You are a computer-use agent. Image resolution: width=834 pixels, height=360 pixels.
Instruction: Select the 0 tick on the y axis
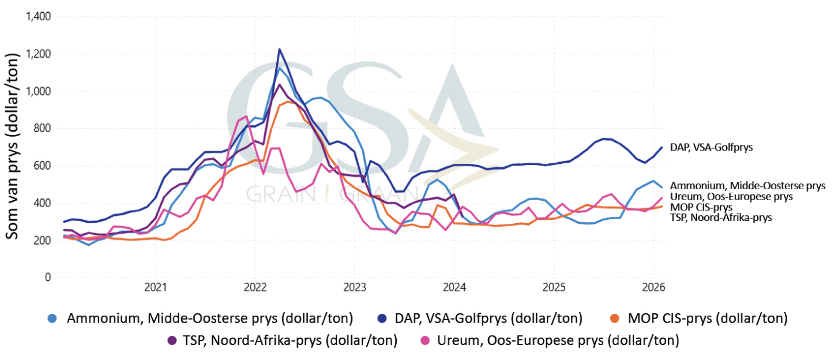[x=48, y=277]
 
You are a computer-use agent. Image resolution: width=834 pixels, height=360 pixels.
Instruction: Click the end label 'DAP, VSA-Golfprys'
[x=711, y=148]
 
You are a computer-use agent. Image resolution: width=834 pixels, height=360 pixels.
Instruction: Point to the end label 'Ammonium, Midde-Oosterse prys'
[x=747, y=186]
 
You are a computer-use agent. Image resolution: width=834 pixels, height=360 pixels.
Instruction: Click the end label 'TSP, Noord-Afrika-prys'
[x=720, y=217]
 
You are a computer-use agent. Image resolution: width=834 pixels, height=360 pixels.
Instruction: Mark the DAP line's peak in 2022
[x=279, y=49]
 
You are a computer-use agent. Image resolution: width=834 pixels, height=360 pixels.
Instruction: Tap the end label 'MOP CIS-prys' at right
[x=701, y=207]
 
